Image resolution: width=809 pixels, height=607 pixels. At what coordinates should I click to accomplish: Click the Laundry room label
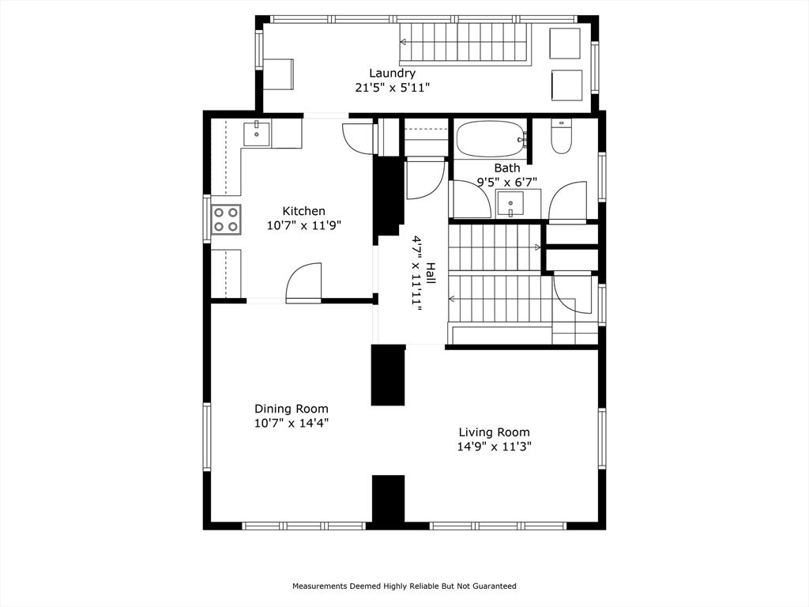392,74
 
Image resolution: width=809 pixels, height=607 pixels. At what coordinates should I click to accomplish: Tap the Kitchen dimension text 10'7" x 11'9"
304,225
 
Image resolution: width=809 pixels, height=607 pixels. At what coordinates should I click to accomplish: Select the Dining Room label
291,409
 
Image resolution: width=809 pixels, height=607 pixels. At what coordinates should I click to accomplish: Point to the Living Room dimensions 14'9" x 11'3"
495,447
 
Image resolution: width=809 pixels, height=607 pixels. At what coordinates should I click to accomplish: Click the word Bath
507,168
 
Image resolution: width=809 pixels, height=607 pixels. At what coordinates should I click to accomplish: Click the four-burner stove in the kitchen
226,219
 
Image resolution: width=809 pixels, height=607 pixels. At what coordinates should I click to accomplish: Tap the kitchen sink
257,134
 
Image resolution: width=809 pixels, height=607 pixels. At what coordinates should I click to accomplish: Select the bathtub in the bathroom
491,138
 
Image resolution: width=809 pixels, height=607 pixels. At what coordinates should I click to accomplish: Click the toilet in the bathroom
562,137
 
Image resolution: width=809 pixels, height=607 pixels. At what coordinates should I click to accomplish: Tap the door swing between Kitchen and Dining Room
305,282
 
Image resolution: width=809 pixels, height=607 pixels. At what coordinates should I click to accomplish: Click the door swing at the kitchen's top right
359,138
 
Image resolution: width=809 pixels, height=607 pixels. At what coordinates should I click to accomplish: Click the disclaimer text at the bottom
404,586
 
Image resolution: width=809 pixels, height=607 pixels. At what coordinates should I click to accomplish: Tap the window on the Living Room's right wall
602,439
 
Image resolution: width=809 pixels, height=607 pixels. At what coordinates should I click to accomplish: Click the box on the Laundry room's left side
278,74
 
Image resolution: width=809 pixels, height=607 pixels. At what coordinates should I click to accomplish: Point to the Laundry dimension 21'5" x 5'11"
392,88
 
